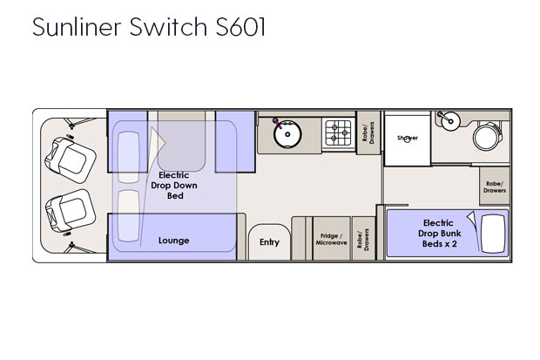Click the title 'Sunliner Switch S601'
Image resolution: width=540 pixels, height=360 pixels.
pos(149,26)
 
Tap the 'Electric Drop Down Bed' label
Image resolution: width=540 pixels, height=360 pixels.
pos(174,186)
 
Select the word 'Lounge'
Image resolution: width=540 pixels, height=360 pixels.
pos(173,241)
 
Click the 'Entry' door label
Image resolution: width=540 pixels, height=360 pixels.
pos(269,242)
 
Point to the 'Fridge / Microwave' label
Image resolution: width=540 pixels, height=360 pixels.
pos(331,240)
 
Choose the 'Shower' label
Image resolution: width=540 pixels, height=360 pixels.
pos(408,138)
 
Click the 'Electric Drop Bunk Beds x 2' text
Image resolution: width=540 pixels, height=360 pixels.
pos(440,233)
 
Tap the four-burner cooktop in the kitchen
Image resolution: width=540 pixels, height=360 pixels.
pos(338,132)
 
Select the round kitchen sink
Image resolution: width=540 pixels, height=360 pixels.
pos(287,134)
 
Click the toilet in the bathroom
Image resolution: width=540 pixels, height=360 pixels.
pos(488,136)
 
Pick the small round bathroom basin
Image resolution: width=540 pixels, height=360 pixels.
pos(451,121)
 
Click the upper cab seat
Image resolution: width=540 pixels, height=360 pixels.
pos(71,160)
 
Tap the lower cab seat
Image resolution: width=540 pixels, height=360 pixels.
pos(71,211)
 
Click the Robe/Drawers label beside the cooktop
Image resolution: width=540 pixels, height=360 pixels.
pos(368,132)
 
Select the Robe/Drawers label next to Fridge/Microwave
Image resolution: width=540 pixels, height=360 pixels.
pos(363,240)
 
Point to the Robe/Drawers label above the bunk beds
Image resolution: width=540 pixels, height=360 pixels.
pos(495,187)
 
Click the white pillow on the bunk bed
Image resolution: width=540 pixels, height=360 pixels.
pos(493,234)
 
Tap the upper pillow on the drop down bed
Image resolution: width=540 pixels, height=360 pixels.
pos(128,157)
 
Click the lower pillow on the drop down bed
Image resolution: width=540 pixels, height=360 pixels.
pos(128,216)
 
